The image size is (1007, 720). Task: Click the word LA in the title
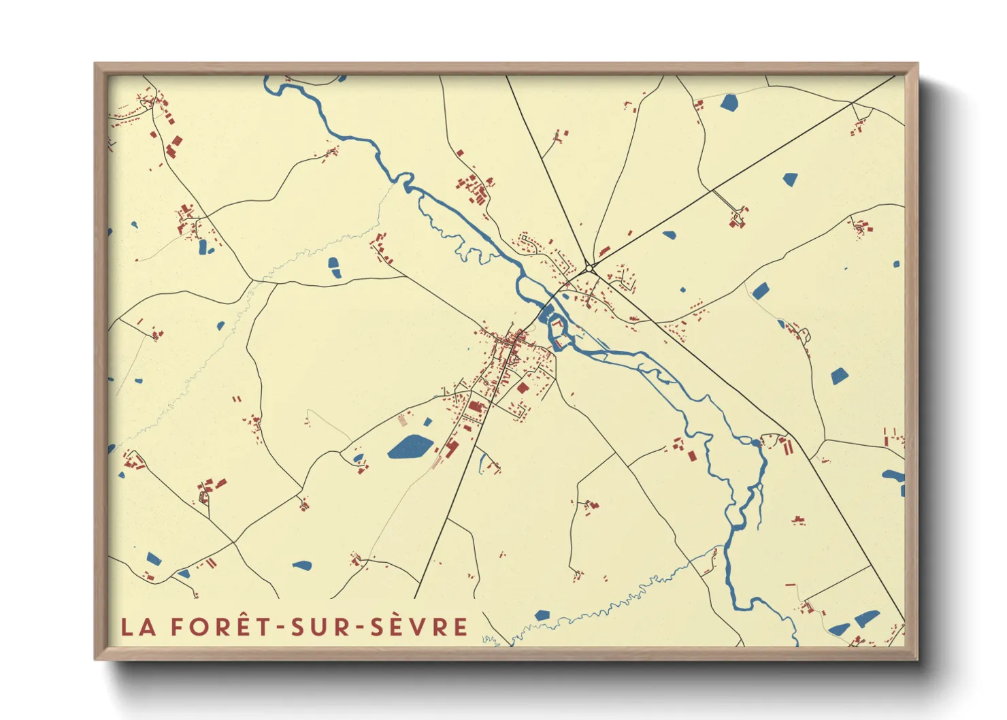138,627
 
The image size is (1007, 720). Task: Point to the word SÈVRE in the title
419,627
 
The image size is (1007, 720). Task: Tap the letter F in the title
178,627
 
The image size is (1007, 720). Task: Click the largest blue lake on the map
410,447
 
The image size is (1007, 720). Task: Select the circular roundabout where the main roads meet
589,267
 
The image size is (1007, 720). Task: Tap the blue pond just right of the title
542,615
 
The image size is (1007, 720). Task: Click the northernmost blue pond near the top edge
729,103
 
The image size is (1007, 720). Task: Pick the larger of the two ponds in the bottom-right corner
866,618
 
